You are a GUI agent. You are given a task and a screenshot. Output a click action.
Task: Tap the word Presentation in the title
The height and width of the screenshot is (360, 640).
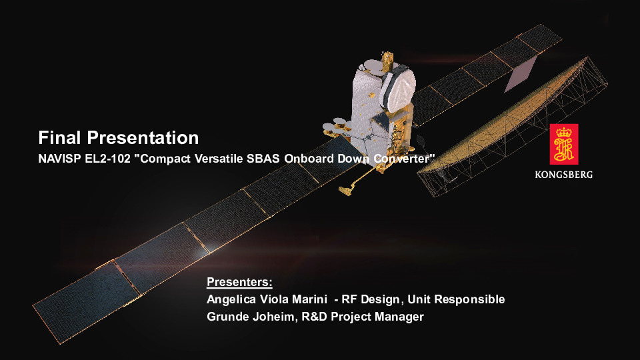(143, 137)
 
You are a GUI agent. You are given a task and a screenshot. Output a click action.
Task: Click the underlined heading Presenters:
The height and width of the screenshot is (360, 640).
(239, 282)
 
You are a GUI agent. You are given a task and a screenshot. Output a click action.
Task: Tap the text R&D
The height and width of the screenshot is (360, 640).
(314, 317)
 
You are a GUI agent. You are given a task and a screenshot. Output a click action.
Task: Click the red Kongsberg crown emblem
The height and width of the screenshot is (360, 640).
(564, 144)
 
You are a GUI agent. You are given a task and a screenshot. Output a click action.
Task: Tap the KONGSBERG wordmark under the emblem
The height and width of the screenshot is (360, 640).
(564, 175)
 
